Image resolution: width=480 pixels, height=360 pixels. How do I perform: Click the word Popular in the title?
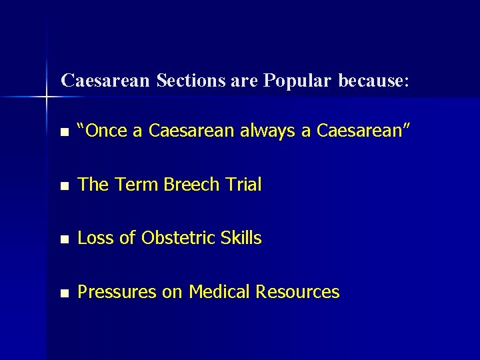click(297, 81)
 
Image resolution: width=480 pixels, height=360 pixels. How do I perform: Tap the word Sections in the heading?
click(190, 81)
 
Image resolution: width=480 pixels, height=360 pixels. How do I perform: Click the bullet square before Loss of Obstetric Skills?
click(63, 239)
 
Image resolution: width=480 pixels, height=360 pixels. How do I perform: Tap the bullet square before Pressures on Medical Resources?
click(63, 293)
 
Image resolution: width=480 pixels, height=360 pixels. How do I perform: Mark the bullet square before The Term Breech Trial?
click(63, 186)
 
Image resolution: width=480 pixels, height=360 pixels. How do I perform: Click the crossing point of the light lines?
click(47, 98)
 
